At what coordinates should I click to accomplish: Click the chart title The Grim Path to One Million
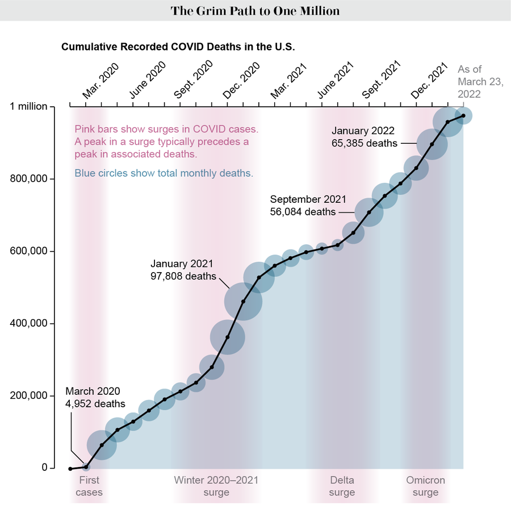[255, 11]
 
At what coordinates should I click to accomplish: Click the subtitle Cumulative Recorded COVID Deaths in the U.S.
[178, 47]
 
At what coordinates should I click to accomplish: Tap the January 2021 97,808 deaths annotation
[183, 270]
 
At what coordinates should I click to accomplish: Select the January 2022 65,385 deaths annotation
[365, 136]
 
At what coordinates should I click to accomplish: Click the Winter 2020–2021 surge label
[216, 486]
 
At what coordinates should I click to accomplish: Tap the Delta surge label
[342, 486]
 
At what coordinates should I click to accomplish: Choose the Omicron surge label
[425, 486]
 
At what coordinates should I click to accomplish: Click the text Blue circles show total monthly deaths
[164, 173]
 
